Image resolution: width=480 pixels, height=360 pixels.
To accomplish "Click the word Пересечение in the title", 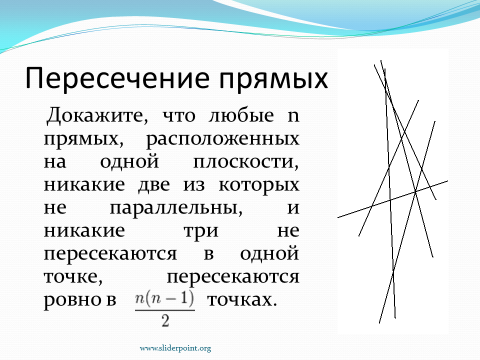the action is [x=117, y=78].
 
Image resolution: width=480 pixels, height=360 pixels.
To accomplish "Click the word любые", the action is [x=241, y=115].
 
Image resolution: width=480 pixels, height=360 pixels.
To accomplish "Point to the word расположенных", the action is [x=222, y=139].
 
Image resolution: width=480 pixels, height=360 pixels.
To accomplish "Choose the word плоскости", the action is [x=246, y=161].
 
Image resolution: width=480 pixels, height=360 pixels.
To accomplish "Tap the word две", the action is [x=153, y=184].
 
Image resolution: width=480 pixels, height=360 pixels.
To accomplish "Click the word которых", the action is [x=259, y=185].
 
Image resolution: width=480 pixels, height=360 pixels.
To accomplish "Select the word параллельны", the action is [x=176, y=208].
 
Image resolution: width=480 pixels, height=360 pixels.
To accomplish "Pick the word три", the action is [x=201, y=231].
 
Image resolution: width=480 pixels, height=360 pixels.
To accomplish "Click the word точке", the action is [x=73, y=277].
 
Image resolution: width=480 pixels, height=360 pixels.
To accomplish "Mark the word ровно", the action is [x=74, y=300].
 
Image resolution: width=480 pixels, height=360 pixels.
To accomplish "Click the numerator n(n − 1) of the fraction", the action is [x=164, y=299].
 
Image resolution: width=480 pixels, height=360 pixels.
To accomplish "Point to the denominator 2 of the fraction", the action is [x=165, y=320].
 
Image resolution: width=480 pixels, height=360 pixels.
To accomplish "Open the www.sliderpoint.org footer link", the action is [x=175, y=348].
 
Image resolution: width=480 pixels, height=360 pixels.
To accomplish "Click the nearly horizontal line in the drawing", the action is [x=392, y=199].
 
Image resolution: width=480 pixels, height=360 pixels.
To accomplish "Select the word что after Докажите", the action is [x=179, y=116].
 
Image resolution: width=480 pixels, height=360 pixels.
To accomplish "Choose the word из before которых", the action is [x=194, y=185].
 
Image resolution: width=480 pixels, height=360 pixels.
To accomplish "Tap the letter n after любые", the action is [x=293, y=116].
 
